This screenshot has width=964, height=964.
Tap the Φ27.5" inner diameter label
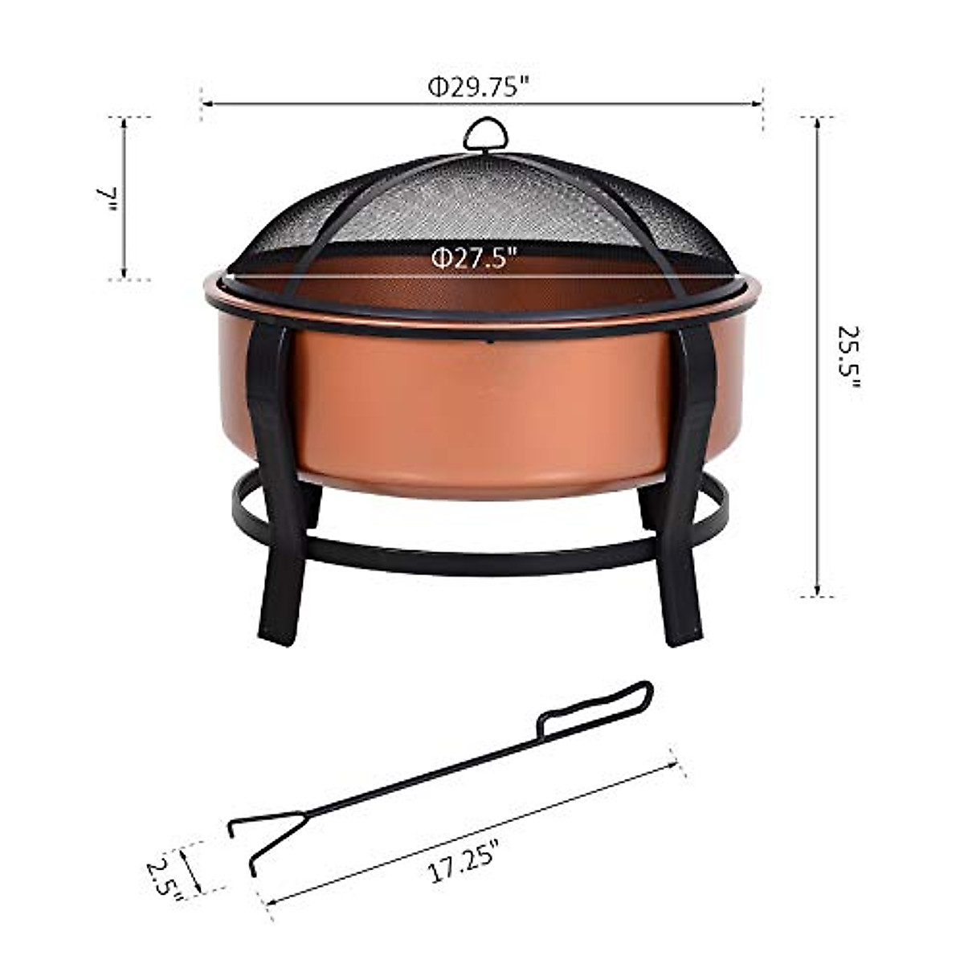tap(472, 259)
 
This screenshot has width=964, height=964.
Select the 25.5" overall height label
tap(848, 357)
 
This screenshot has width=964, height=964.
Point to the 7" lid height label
tap(108, 198)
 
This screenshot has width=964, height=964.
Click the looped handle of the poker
tap(598, 707)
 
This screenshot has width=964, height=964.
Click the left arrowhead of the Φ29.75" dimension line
tap(206, 104)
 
